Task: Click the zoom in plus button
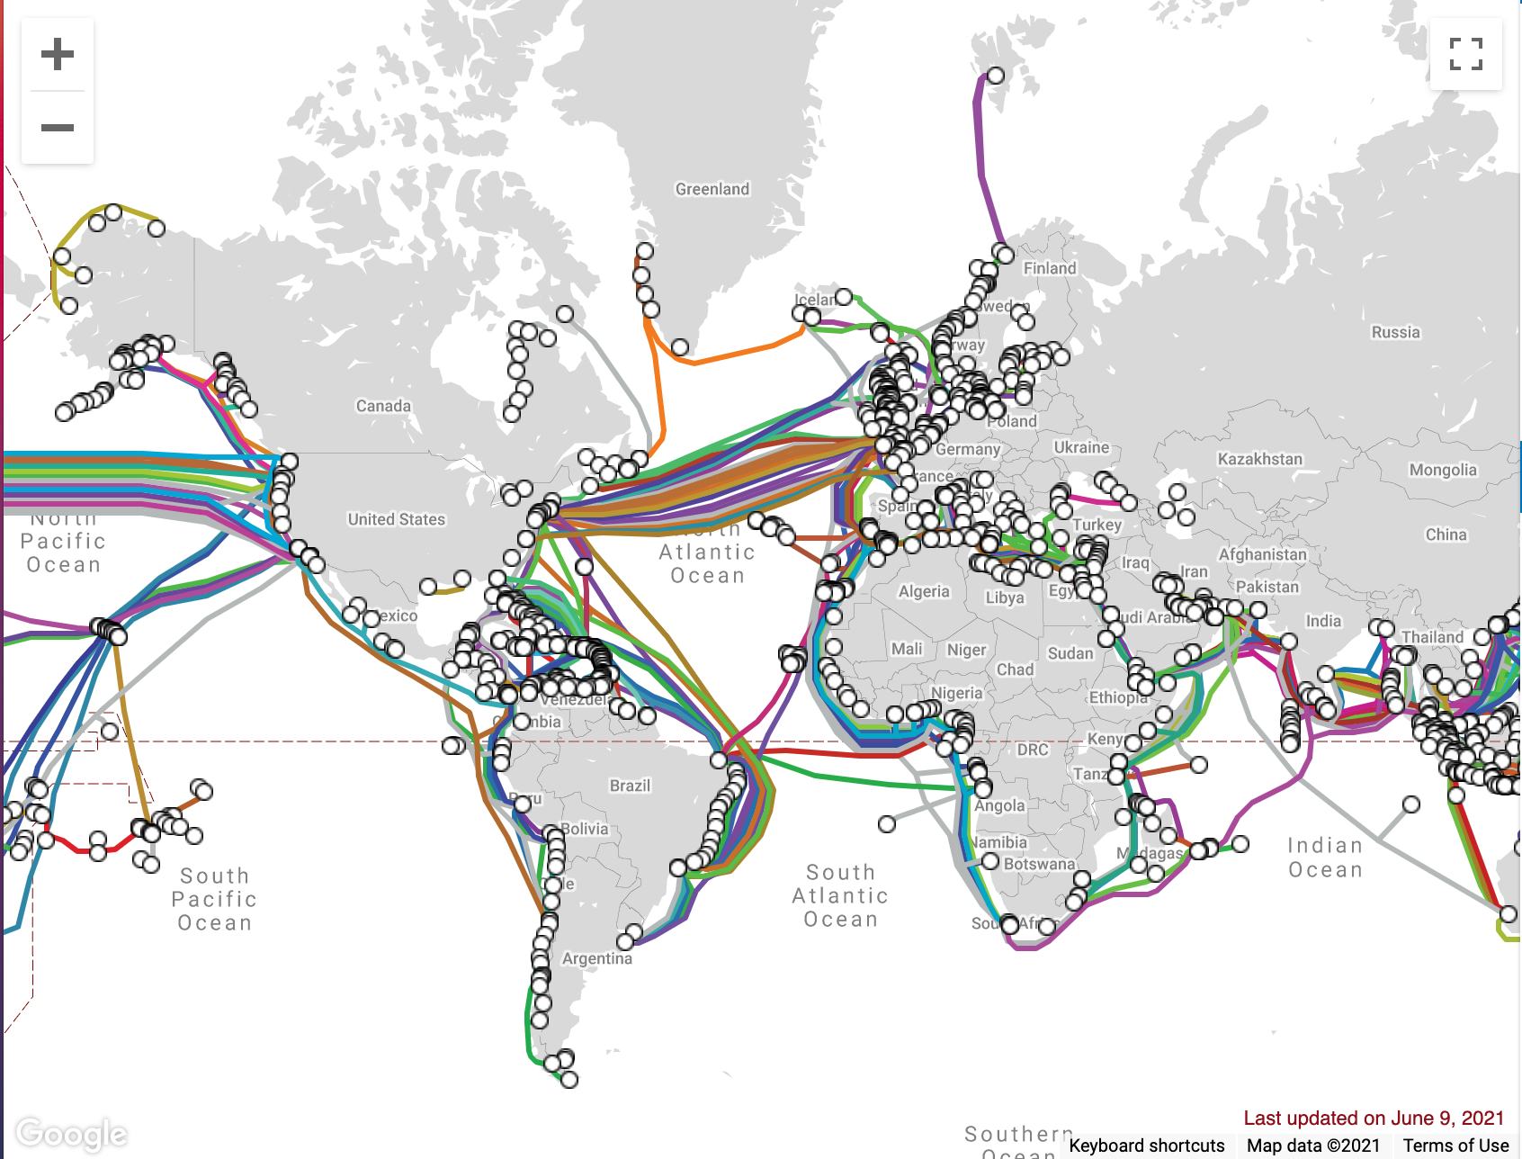(x=58, y=54)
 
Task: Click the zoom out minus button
(x=58, y=128)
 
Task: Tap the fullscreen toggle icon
(x=1465, y=54)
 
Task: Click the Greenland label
(x=712, y=189)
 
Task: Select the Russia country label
(x=1395, y=332)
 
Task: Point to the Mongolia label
(x=1442, y=470)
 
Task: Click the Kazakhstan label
(x=1259, y=459)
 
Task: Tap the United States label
(x=396, y=519)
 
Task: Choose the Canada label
(x=383, y=406)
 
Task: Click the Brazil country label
(x=630, y=786)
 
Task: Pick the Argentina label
(x=596, y=958)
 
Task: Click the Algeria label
(x=924, y=591)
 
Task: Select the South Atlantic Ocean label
(x=840, y=895)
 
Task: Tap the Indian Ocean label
(x=1325, y=858)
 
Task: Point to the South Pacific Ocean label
(x=214, y=899)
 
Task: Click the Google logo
(x=71, y=1134)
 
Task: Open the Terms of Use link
(x=1455, y=1146)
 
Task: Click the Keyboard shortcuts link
(x=1147, y=1146)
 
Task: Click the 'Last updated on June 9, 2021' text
(x=1374, y=1118)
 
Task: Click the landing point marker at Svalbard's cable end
(x=996, y=76)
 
